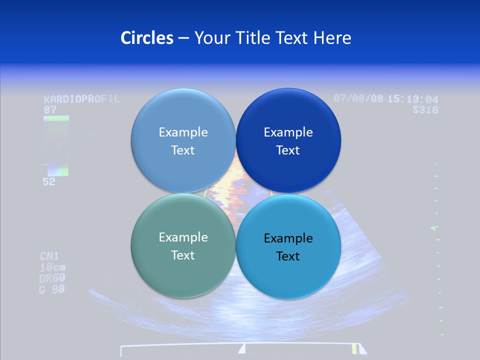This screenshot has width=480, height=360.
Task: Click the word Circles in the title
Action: pyautogui.click(x=146, y=38)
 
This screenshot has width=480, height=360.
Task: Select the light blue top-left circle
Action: pyautogui.click(x=183, y=140)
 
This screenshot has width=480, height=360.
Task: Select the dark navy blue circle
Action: pyautogui.click(x=288, y=140)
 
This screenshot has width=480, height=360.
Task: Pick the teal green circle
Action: pyautogui.click(x=183, y=245)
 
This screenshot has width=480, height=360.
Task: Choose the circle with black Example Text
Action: pyautogui.click(x=288, y=246)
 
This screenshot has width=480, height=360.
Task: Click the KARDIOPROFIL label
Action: pyautogui.click(x=82, y=99)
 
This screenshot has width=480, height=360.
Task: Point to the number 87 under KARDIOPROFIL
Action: pyautogui.click(x=50, y=109)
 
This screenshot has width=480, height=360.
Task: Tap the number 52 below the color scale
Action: pyautogui.click(x=49, y=182)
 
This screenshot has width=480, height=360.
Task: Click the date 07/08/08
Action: pyautogui.click(x=358, y=98)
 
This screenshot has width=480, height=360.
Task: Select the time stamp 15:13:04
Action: pyautogui.click(x=413, y=99)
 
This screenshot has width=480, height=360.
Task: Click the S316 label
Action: pyautogui.click(x=425, y=109)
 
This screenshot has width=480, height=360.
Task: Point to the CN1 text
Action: pyautogui.click(x=50, y=256)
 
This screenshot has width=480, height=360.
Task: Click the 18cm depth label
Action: pyautogui.click(x=52, y=267)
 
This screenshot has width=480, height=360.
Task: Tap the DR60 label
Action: pyautogui.click(x=52, y=278)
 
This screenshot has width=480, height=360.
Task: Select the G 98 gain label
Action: pyautogui.click(x=51, y=289)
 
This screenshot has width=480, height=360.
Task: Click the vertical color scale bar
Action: pyautogui.click(x=56, y=145)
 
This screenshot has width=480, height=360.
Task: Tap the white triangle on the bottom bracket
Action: pyautogui.click(x=242, y=348)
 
